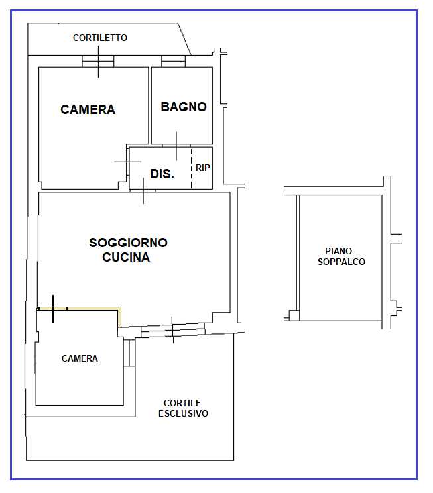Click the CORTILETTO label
(100, 38)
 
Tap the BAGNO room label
(184, 107)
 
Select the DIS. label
(162, 174)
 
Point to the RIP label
(203, 168)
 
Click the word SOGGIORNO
(129, 243)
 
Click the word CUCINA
(126, 257)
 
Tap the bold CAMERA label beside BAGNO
(88, 109)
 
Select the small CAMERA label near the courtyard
(80, 358)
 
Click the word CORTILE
(182, 403)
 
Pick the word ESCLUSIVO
(183, 413)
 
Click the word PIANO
(338, 251)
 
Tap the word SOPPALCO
(341, 262)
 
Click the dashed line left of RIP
(192, 168)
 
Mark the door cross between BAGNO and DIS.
(176, 146)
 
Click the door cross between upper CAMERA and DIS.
(128, 162)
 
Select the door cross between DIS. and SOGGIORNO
(143, 191)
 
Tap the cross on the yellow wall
(53, 309)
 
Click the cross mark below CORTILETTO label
(98, 62)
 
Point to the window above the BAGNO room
(173, 62)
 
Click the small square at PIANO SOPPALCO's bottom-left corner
(294, 315)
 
